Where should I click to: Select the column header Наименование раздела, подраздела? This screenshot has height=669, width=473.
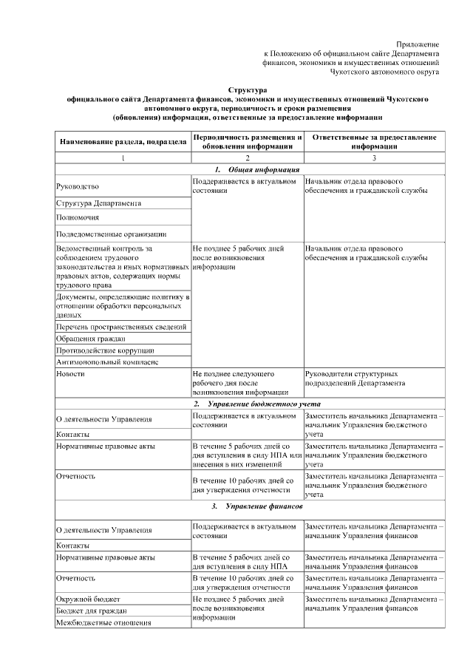coord(123,142)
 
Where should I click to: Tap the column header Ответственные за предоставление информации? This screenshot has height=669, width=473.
coord(374,142)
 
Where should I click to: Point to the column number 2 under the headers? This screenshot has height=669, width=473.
coord(247,159)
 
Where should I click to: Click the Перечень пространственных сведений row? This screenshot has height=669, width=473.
coord(120,327)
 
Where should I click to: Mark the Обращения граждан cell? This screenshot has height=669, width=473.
coord(86,339)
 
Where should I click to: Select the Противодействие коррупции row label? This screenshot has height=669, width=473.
coord(105,350)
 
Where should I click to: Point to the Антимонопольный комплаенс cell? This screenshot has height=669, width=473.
coord(107,362)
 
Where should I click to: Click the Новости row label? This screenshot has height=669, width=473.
coord(71,374)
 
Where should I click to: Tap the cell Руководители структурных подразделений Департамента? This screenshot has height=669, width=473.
coord(355,379)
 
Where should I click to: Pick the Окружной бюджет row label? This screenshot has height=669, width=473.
coord(89,599)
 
